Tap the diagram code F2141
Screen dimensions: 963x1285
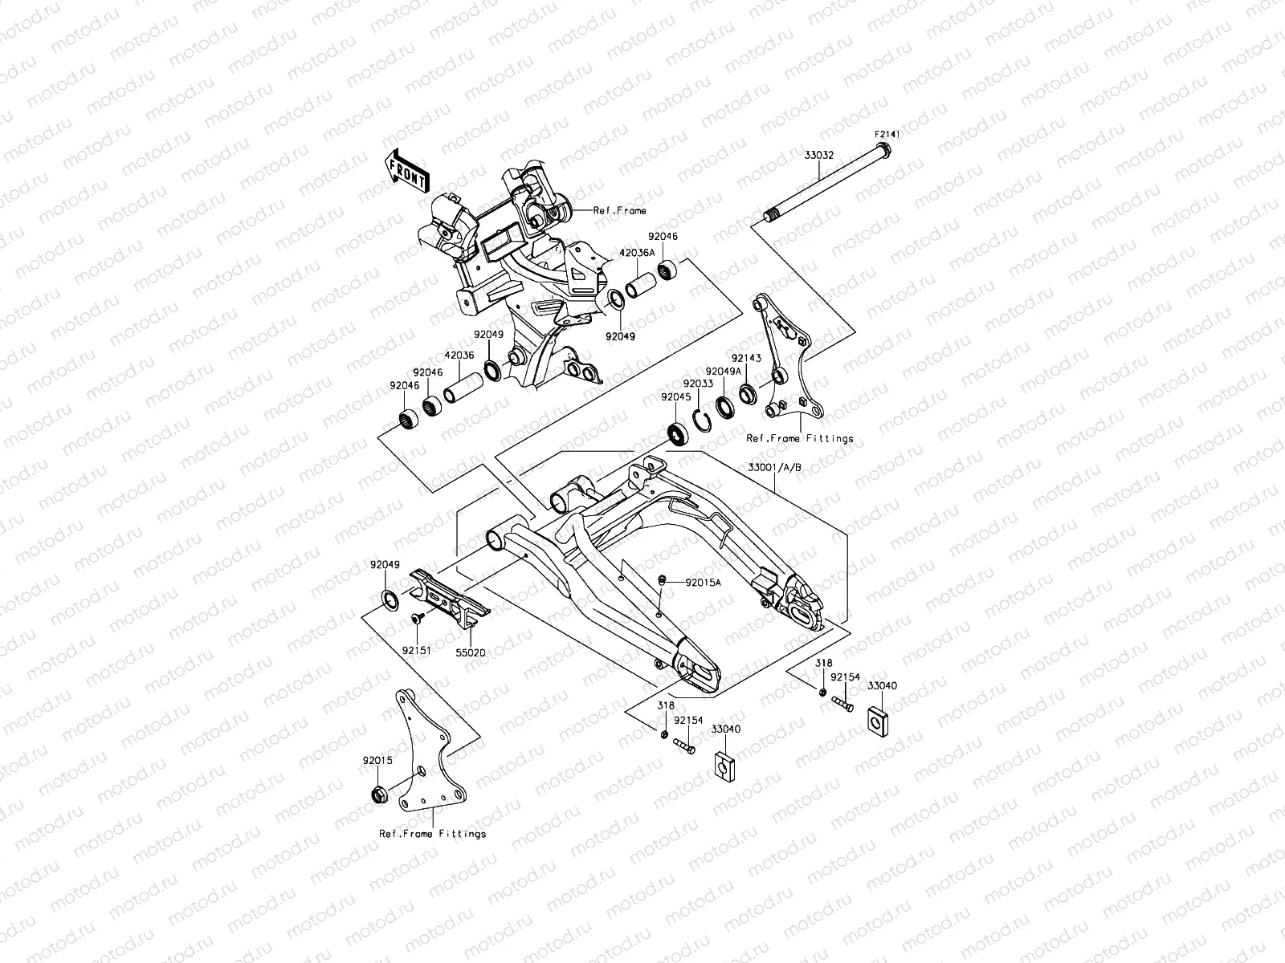coord(887,136)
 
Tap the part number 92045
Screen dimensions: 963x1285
coord(675,396)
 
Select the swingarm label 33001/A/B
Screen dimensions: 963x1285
coord(775,467)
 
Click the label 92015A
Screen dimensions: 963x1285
coord(704,583)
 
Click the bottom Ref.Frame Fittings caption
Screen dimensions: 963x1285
coord(432,834)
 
